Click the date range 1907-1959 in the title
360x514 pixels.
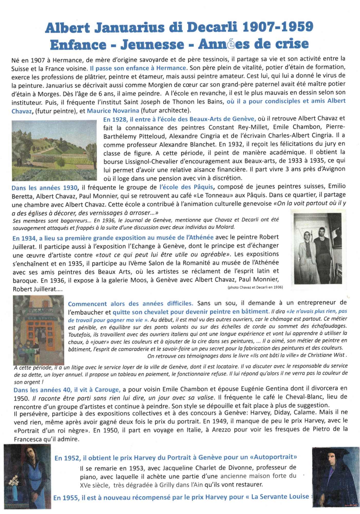tap(278, 27)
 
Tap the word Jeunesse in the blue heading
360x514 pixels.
tap(152, 45)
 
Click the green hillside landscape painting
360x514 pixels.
tap(54, 150)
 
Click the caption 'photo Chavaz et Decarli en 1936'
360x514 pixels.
tap(255, 287)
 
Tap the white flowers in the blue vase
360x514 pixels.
tap(14, 479)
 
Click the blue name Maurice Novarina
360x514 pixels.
tap(113, 111)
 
